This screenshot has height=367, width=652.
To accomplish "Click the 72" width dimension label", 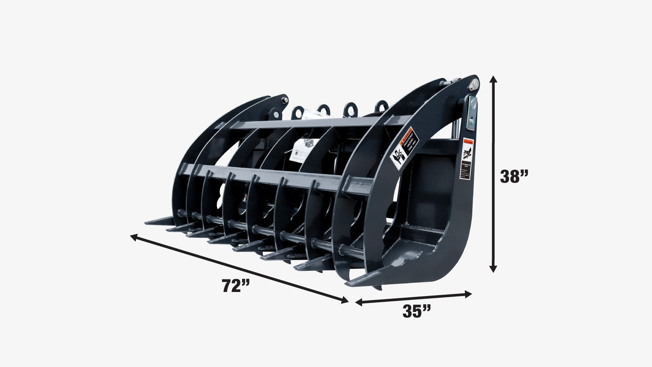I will click(x=235, y=285).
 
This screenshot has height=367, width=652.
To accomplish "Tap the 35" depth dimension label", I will click(x=416, y=311).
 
